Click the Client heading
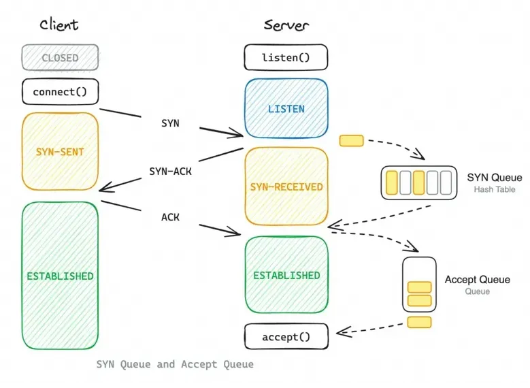pyautogui.click(x=59, y=25)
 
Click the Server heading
pyautogui.click(x=286, y=25)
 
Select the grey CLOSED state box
pyautogui.click(x=60, y=58)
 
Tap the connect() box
pyautogui.click(x=60, y=91)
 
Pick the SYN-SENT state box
pyautogui.click(x=60, y=151)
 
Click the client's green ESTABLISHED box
pyautogui.click(x=60, y=276)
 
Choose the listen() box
pyautogui.click(x=286, y=58)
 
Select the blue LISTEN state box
pyautogui.click(x=286, y=109)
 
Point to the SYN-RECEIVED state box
pyautogui.click(x=286, y=187)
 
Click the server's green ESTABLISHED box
pyautogui.click(x=286, y=275)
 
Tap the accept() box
pyautogui.click(x=286, y=337)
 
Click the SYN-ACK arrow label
pyautogui.click(x=170, y=172)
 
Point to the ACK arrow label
pyautogui.click(x=170, y=217)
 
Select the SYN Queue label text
pyautogui.click(x=495, y=178)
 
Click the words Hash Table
pyautogui.click(x=495, y=189)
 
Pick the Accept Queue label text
pyautogui.click(x=477, y=280)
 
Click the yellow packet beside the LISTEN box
pyautogui.click(x=351, y=141)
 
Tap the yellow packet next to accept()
pyautogui.click(x=419, y=322)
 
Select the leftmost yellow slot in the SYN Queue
pyautogui.click(x=391, y=182)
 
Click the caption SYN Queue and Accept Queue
pyautogui.click(x=175, y=364)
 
